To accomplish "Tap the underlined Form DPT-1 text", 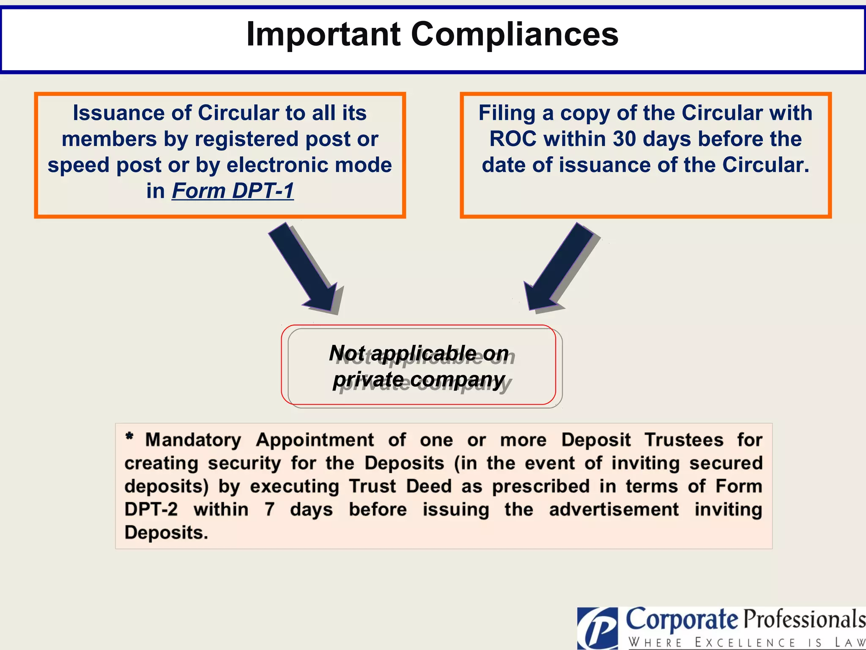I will point(233,191).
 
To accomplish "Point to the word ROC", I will point(513,139).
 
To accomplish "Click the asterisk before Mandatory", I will point(129,436).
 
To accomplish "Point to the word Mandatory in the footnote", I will point(193,440).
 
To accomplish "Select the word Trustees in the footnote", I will point(684,440).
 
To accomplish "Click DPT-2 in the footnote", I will point(151,510).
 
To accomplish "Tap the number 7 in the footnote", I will point(269,510).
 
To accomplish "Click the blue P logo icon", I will point(597,629).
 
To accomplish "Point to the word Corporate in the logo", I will point(682,620).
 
